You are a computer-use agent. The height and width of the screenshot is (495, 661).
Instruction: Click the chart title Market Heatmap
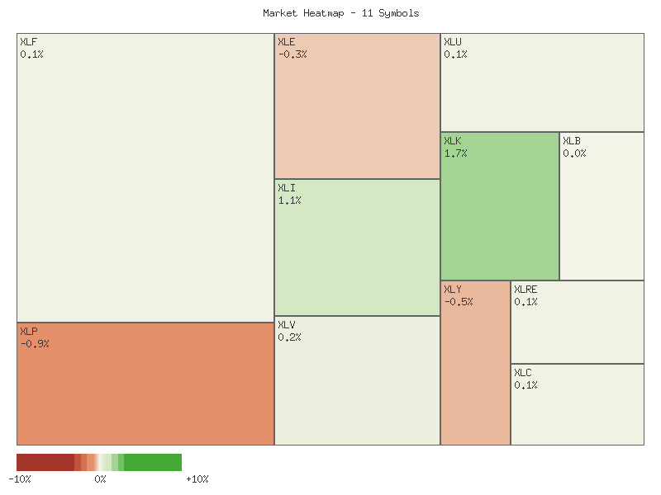(340, 13)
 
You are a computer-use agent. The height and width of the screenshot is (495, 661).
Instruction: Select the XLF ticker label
(28, 42)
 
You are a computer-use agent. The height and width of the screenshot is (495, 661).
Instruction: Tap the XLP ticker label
(28, 331)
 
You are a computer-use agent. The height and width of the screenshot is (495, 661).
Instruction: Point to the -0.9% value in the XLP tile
(35, 343)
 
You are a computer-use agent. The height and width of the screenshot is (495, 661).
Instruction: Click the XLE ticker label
(286, 42)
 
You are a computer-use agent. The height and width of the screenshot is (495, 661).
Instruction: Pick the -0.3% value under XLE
(292, 54)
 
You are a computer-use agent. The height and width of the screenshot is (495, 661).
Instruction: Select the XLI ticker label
(286, 188)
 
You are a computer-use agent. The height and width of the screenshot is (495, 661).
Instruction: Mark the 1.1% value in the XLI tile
(289, 200)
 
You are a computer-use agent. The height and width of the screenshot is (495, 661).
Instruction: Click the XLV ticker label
(286, 325)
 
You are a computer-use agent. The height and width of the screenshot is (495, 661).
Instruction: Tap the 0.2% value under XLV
(289, 337)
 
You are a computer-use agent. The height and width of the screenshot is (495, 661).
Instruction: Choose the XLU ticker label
(452, 42)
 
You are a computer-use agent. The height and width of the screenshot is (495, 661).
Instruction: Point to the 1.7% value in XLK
(455, 153)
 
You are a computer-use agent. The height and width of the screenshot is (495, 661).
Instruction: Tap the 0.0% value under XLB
(574, 153)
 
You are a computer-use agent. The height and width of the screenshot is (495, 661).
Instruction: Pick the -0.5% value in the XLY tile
(459, 302)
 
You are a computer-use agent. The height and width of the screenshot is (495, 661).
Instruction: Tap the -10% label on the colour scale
(20, 479)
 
